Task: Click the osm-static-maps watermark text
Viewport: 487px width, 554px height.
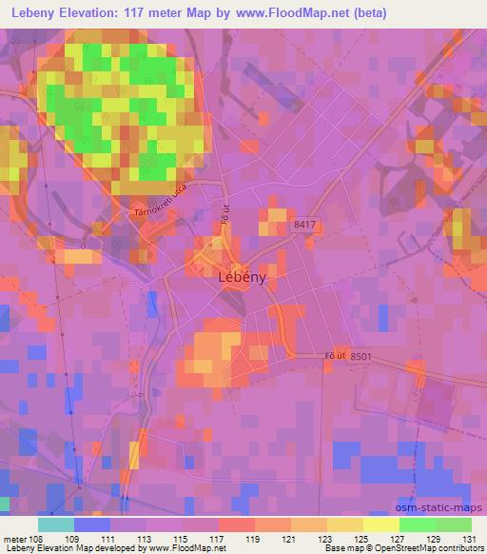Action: [x=449, y=507]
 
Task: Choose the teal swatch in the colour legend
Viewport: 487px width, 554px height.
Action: [x=56, y=524]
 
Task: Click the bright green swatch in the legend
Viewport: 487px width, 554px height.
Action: [x=418, y=524]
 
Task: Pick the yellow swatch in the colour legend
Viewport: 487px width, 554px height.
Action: [x=381, y=524]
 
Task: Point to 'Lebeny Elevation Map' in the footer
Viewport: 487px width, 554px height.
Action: [x=45, y=547]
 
